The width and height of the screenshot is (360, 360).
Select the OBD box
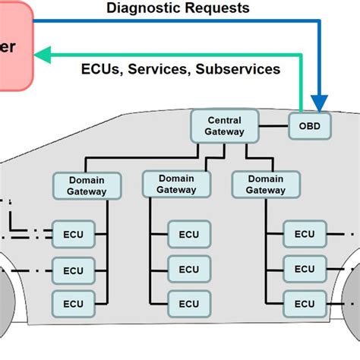point(310,126)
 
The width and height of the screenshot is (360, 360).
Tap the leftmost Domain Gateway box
point(87,185)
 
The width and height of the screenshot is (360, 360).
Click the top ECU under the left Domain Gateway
point(73,234)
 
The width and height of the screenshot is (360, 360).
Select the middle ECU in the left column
point(73,270)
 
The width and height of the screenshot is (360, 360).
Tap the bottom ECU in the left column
point(73,303)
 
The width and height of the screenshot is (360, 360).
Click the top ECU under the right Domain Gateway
point(305,234)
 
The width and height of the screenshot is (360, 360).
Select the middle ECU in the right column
point(305,269)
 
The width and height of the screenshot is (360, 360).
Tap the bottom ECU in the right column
point(305,303)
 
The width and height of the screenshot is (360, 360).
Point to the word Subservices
point(238,69)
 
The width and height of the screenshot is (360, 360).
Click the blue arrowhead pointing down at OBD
point(320,104)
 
